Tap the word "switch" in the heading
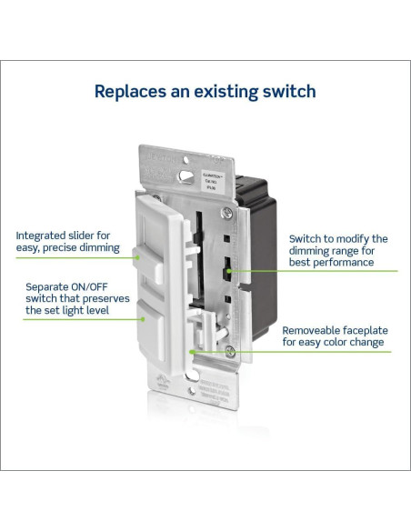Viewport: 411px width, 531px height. pos(286,91)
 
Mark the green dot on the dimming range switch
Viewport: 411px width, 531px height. pos(229,270)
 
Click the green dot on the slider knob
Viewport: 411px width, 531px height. pos(137,257)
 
